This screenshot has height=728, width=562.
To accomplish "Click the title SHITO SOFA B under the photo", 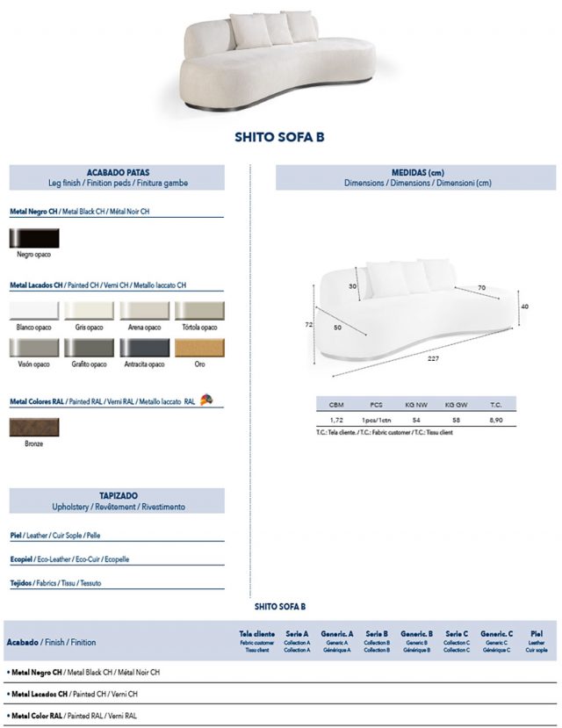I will pos(280,137).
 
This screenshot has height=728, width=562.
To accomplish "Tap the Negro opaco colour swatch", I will pos(34,237).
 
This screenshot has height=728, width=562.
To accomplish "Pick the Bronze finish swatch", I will pos(34,427).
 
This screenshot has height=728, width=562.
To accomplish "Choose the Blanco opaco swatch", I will pos(34,310).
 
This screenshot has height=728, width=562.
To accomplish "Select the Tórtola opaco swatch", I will pos(200,310).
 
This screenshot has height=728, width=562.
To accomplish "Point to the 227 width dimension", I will pos(434,358).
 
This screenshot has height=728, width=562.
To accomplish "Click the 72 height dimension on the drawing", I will pos(309,324).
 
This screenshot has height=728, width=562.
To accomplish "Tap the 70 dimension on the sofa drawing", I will pos(481,287).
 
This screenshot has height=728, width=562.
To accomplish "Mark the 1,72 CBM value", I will pos(336,422).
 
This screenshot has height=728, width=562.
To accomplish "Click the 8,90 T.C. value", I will pos(496,422).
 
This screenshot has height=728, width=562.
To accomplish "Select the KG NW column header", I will pos(416,405).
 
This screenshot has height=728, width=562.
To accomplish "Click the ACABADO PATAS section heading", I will pos(118,173).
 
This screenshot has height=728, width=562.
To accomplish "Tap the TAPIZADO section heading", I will pos(118,496).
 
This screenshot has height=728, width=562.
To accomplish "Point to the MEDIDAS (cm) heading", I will pos(417,173).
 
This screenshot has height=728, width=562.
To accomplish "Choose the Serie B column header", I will pos(376,633).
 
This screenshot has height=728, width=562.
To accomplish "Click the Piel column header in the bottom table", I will pos(537,633).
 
